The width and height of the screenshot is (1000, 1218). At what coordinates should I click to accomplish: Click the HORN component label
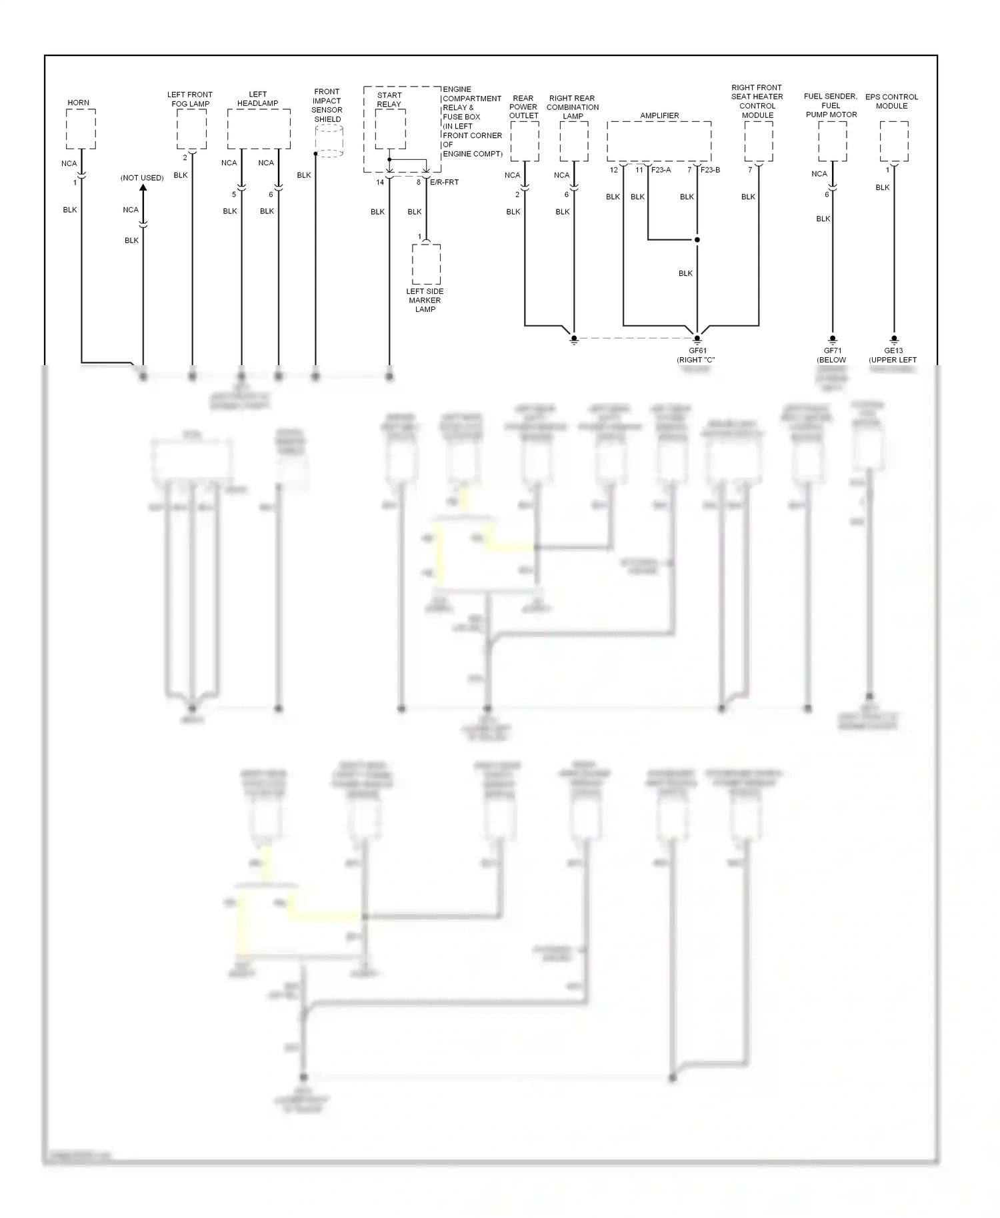click(x=78, y=103)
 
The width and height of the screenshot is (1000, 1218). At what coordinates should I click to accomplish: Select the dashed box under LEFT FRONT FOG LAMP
click(x=191, y=129)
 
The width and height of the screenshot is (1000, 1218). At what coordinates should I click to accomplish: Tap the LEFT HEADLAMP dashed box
click(x=259, y=129)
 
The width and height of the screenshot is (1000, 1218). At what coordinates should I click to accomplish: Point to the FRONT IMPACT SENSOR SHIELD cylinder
click(x=329, y=141)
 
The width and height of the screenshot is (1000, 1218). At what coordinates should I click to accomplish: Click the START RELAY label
click(x=389, y=99)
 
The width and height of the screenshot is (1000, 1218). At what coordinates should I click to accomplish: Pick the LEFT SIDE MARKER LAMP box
click(x=426, y=265)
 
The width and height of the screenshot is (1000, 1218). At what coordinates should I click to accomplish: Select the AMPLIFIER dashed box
click(x=659, y=141)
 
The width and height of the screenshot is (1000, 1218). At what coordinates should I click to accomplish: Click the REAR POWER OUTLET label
click(x=523, y=107)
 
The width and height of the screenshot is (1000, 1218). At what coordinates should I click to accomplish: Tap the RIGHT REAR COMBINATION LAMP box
click(x=574, y=141)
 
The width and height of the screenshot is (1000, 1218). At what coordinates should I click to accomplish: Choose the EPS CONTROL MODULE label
click(x=891, y=101)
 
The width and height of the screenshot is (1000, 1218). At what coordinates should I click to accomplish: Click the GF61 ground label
click(x=697, y=351)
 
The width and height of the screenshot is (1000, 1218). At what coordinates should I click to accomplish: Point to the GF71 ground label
click(x=833, y=350)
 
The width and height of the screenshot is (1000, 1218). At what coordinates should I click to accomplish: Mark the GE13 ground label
click(x=893, y=350)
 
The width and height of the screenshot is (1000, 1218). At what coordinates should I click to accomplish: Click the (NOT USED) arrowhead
click(x=143, y=187)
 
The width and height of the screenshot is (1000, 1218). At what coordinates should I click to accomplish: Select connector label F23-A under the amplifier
click(x=661, y=170)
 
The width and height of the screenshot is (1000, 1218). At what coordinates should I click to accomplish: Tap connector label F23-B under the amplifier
click(x=710, y=170)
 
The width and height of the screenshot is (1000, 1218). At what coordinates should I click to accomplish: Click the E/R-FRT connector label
click(x=445, y=182)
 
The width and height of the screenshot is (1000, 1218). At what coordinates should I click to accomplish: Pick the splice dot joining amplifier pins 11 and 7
click(x=697, y=240)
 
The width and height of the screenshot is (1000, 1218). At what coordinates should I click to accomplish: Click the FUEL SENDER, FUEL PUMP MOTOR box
click(x=833, y=141)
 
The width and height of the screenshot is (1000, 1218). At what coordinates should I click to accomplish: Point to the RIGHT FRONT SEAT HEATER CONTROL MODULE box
click(x=759, y=141)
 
